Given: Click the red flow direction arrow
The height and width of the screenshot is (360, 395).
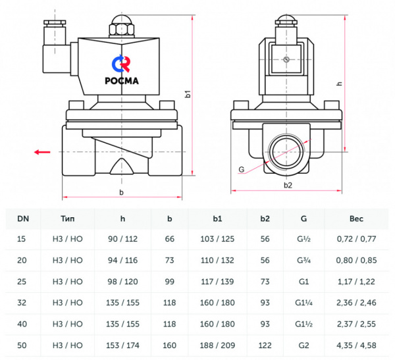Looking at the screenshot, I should (x=42, y=152).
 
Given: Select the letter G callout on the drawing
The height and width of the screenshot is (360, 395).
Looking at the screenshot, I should (x=241, y=170).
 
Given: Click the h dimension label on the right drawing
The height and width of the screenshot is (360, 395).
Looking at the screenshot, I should (x=339, y=84).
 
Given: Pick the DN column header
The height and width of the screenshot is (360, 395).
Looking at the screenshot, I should (x=22, y=218).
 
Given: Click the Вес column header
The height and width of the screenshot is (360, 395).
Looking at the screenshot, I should (x=357, y=218).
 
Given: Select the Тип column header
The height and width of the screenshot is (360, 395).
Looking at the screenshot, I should (x=68, y=218).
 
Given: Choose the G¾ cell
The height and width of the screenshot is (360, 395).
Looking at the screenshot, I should (x=303, y=260).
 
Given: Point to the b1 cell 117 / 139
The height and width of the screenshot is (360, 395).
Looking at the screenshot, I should (x=217, y=281).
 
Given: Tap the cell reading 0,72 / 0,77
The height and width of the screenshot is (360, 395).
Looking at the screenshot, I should (x=357, y=239).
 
